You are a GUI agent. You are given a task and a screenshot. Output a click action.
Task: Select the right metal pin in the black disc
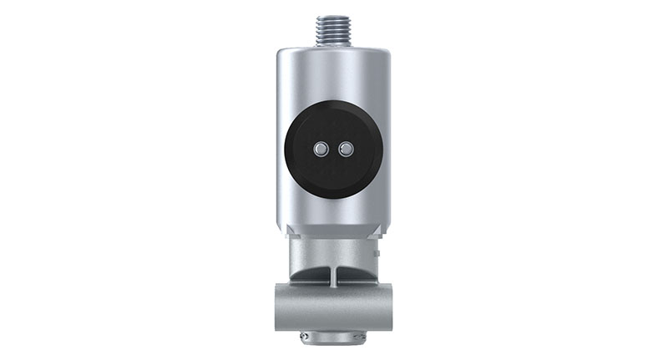[x=344, y=149]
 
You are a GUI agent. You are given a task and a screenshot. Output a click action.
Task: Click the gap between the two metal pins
[x=332, y=149]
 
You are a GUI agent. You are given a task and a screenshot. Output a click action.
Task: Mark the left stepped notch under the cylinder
[x=289, y=231]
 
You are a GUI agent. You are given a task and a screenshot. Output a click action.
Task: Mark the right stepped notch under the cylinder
[x=377, y=231]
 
